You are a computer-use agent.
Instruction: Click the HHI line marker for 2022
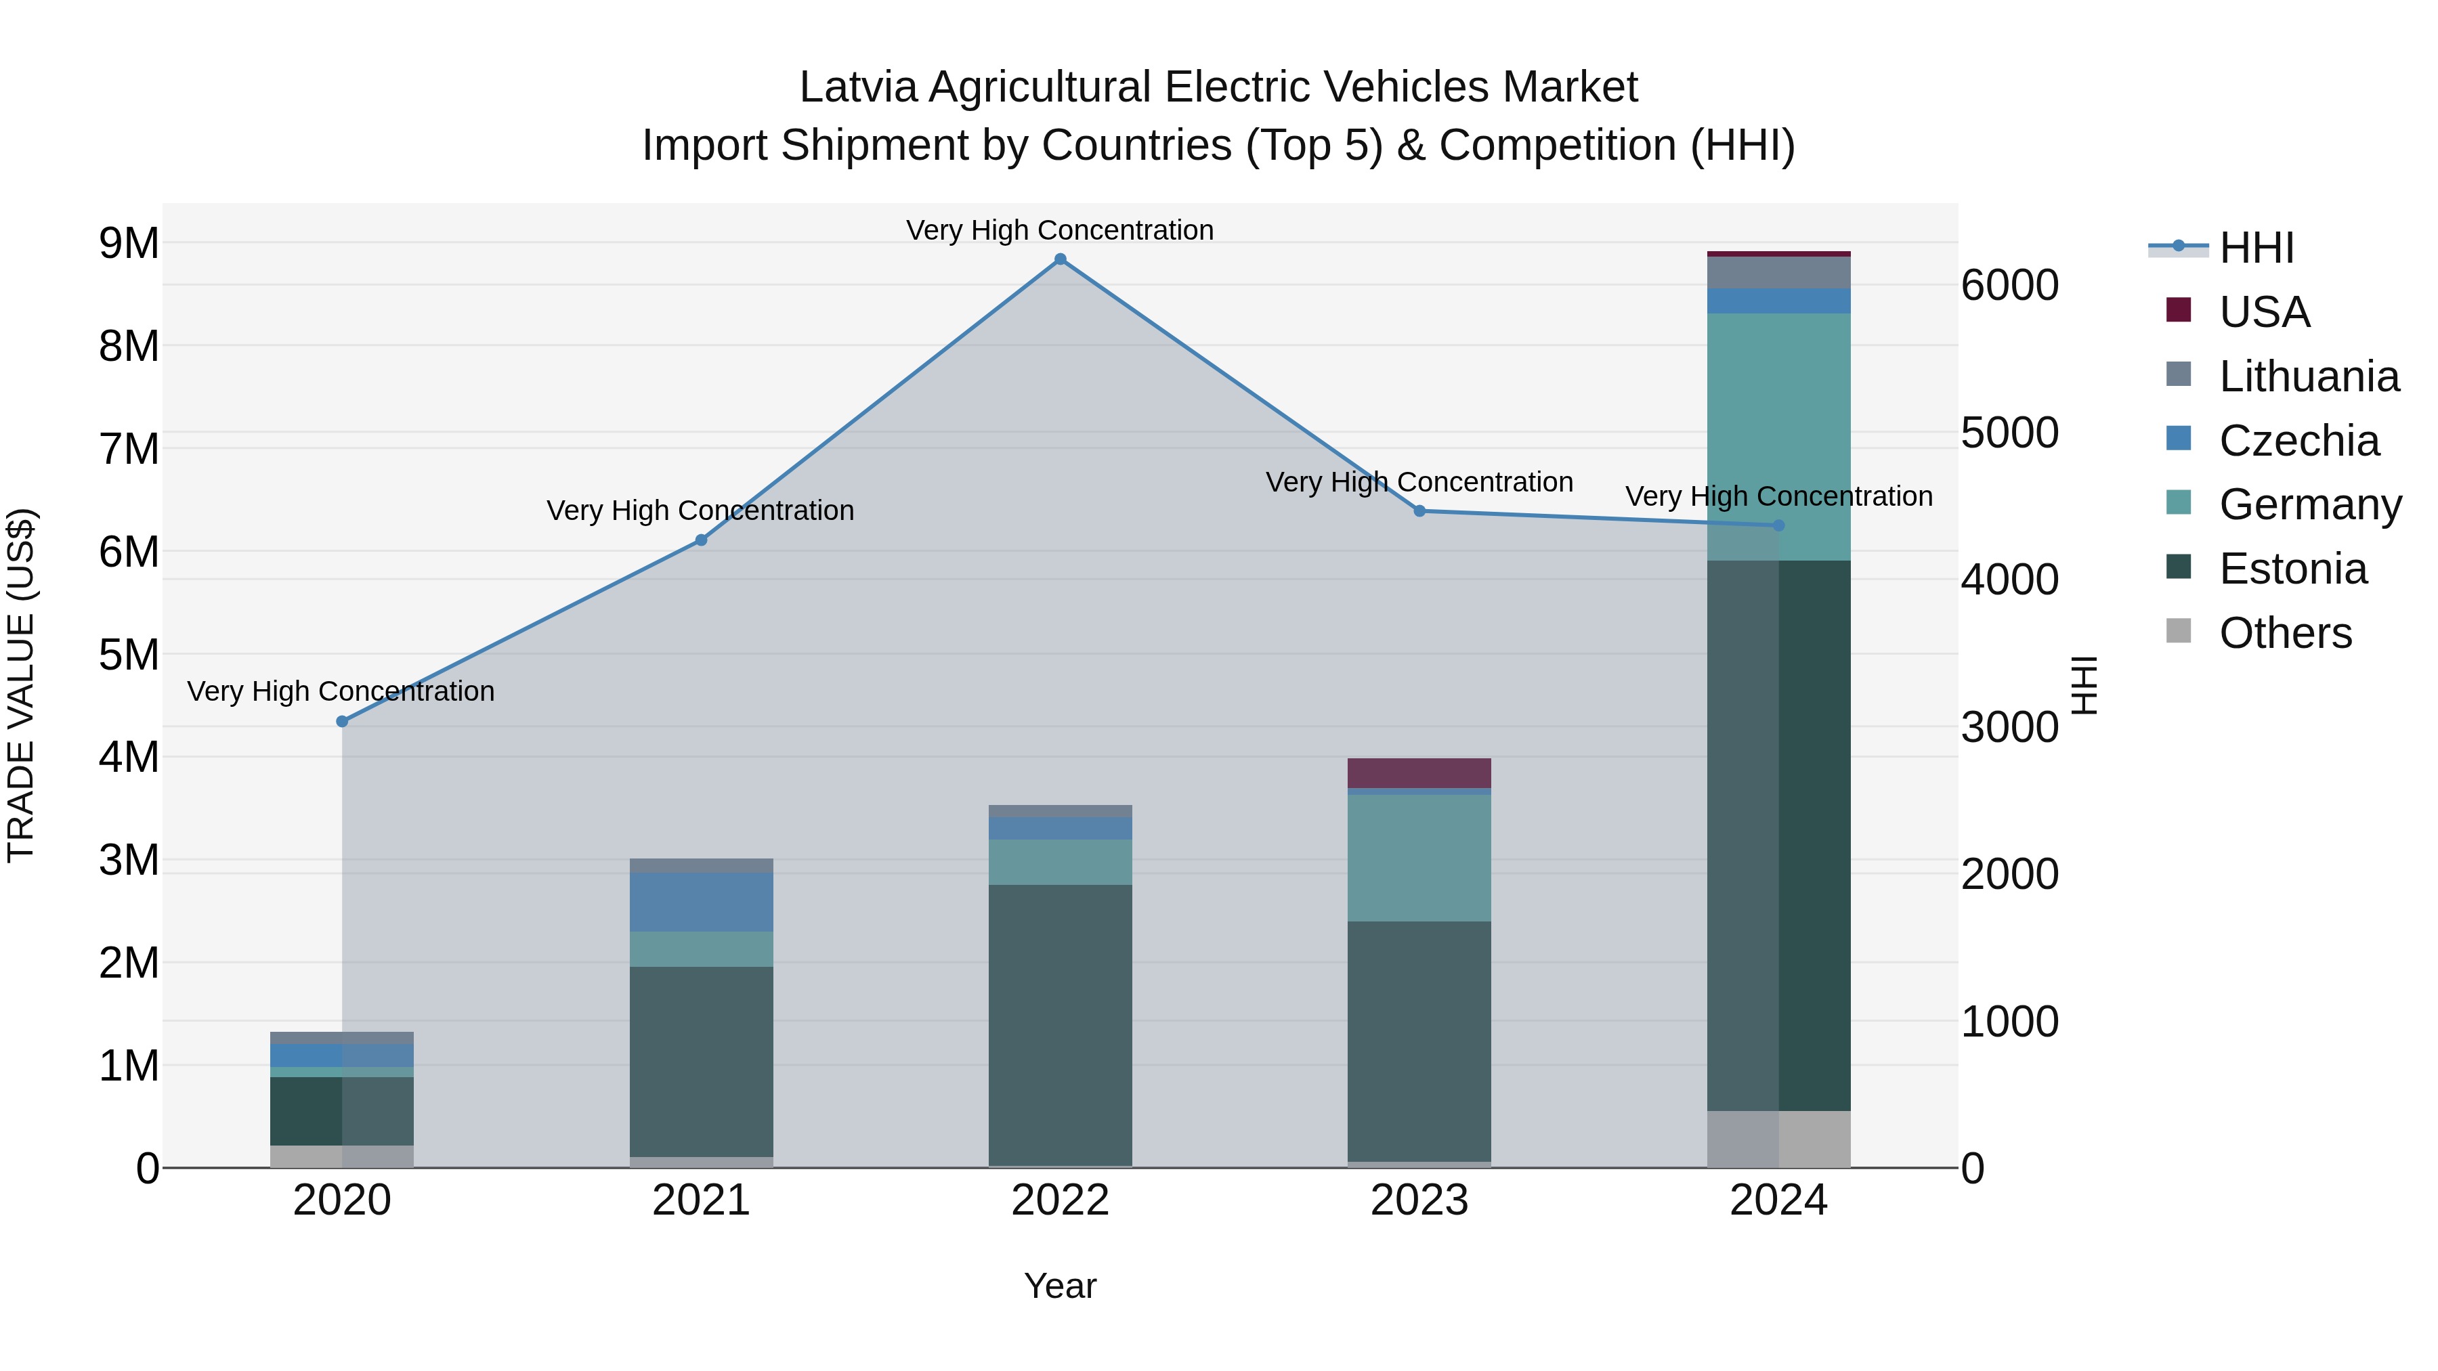(x=1060, y=259)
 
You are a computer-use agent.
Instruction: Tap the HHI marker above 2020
(x=343, y=721)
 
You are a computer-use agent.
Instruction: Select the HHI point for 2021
(x=702, y=540)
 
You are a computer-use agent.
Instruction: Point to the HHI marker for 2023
(x=1419, y=511)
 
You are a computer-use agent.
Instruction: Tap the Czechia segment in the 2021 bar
(x=702, y=902)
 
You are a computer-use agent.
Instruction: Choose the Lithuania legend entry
(x=2309, y=376)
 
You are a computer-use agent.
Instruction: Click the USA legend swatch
(x=2179, y=310)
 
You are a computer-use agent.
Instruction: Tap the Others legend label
(x=2285, y=633)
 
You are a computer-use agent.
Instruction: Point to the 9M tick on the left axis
(x=129, y=244)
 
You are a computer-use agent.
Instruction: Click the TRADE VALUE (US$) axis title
(x=21, y=685)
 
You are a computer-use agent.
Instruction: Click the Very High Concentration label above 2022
(x=1060, y=230)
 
